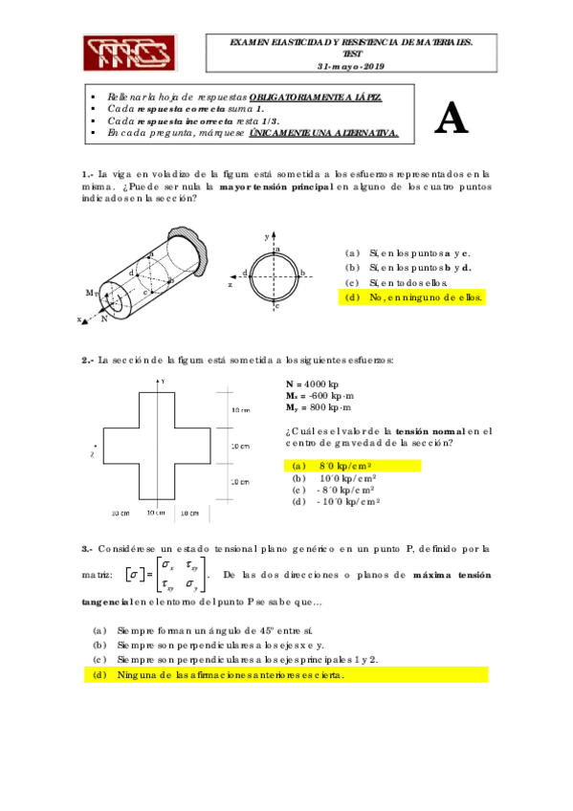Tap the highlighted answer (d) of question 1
415,297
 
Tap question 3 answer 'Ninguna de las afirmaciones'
230,674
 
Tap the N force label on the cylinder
103,319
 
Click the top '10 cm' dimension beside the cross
240,409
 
